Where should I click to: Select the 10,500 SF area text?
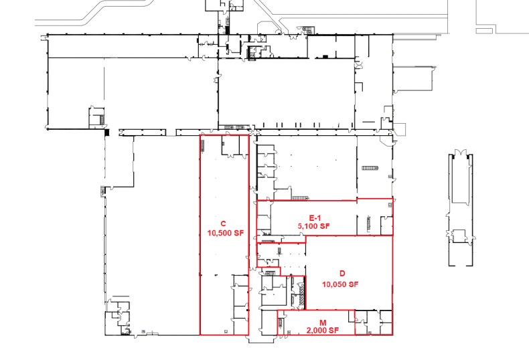(x=223, y=234)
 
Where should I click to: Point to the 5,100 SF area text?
(x=315, y=227)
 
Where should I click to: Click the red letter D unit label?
(x=342, y=274)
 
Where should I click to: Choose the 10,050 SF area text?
(x=341, y=284)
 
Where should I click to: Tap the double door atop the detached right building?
(x=461, y=155)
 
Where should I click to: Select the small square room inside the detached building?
(x=461, y=237)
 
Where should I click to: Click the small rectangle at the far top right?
(x=485, y=30)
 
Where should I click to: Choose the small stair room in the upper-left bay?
(x=96, y=116)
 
